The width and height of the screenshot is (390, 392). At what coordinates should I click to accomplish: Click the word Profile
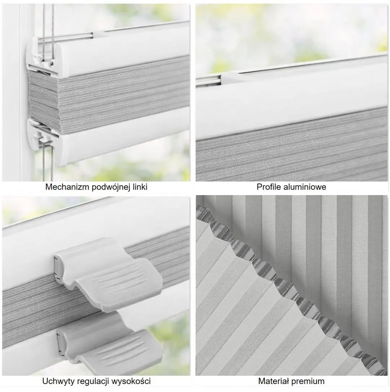point(269,187)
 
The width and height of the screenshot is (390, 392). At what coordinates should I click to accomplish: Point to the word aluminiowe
point(305,187)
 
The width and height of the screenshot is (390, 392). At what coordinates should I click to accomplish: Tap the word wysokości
point(131,381)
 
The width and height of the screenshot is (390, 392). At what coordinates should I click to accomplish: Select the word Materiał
point(273,381)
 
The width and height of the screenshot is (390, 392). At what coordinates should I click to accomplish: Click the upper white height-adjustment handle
point(108,275)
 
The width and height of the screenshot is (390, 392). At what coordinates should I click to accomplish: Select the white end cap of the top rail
point(41,54)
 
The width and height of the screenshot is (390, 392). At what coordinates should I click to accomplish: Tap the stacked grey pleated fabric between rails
point(110,98)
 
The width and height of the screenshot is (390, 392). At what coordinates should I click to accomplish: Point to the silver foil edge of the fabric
point(292,288)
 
